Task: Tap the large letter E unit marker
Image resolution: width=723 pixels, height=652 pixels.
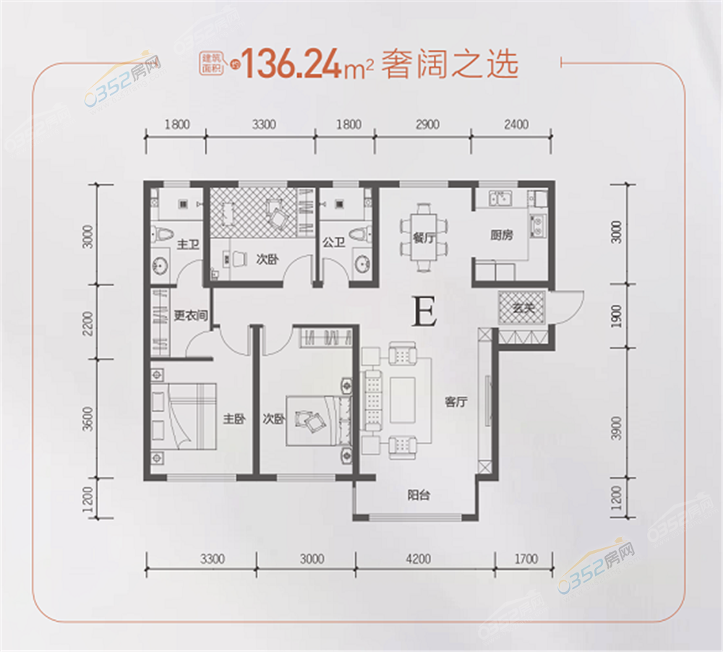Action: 424,312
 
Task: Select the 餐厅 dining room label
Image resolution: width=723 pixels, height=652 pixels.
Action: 423,238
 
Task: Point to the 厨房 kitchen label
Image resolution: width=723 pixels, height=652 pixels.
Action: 501,235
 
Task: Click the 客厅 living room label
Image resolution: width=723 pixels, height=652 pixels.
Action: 456,402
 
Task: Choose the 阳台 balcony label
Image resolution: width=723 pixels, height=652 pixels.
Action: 418,495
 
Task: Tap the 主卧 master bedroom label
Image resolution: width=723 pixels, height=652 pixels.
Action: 234,419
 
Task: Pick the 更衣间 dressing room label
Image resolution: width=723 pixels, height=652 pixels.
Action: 190,315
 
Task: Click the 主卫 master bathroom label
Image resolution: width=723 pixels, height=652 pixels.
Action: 188,244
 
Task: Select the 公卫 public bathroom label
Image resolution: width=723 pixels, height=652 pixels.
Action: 334,242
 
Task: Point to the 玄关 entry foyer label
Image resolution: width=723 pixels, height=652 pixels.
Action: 523,307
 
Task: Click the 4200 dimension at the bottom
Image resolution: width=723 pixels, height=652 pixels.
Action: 418,559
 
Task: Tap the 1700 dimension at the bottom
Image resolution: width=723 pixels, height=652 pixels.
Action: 526,559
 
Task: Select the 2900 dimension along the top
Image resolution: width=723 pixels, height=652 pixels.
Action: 427,124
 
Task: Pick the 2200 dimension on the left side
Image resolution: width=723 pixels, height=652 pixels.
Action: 87,323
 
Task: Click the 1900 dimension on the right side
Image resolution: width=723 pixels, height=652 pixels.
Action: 617,316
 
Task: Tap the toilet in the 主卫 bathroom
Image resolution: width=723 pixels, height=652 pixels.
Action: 161,233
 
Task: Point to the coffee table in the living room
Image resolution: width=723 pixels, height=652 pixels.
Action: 403,400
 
